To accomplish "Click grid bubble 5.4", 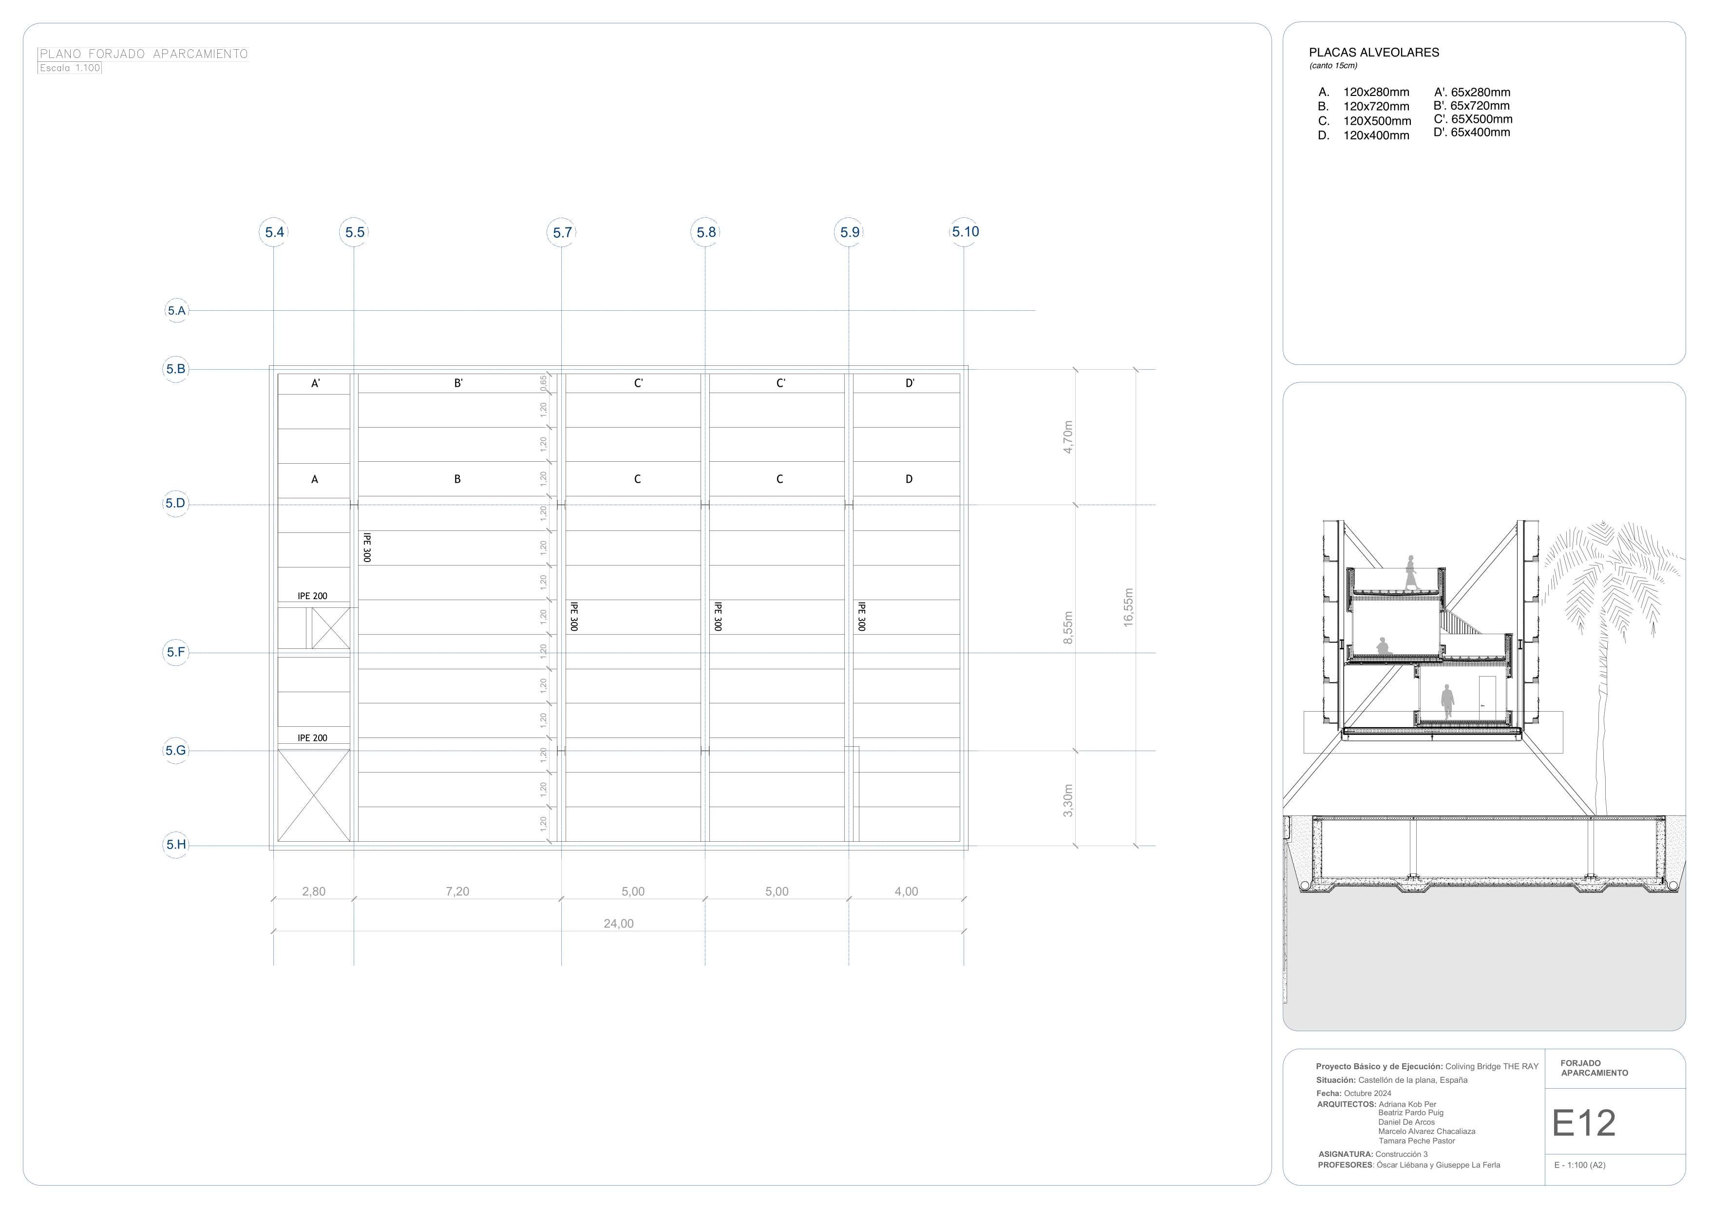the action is click(x=275, y=232).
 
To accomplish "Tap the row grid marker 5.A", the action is click(x=176, y=310).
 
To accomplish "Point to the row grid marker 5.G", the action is click(x=176, y=750).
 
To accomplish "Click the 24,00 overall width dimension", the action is click(x=619, y=924).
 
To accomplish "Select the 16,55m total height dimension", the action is click(x=1128, y=607).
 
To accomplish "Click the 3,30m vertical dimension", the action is click(x=1068, y=800).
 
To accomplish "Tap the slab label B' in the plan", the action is click(x=458, y=383).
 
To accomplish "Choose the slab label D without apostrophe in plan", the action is click(x=909, y=479).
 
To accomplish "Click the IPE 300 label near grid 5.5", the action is click(x=366, y=547).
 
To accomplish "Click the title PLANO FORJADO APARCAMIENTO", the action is click(x=144, y=54).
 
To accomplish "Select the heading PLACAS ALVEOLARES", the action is click(x=1373, y=53).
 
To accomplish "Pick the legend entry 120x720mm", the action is click(x=1376, y=107).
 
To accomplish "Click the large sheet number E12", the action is click(x=1583, y=1124).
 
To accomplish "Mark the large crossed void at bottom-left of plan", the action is click(x=313, y=795).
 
